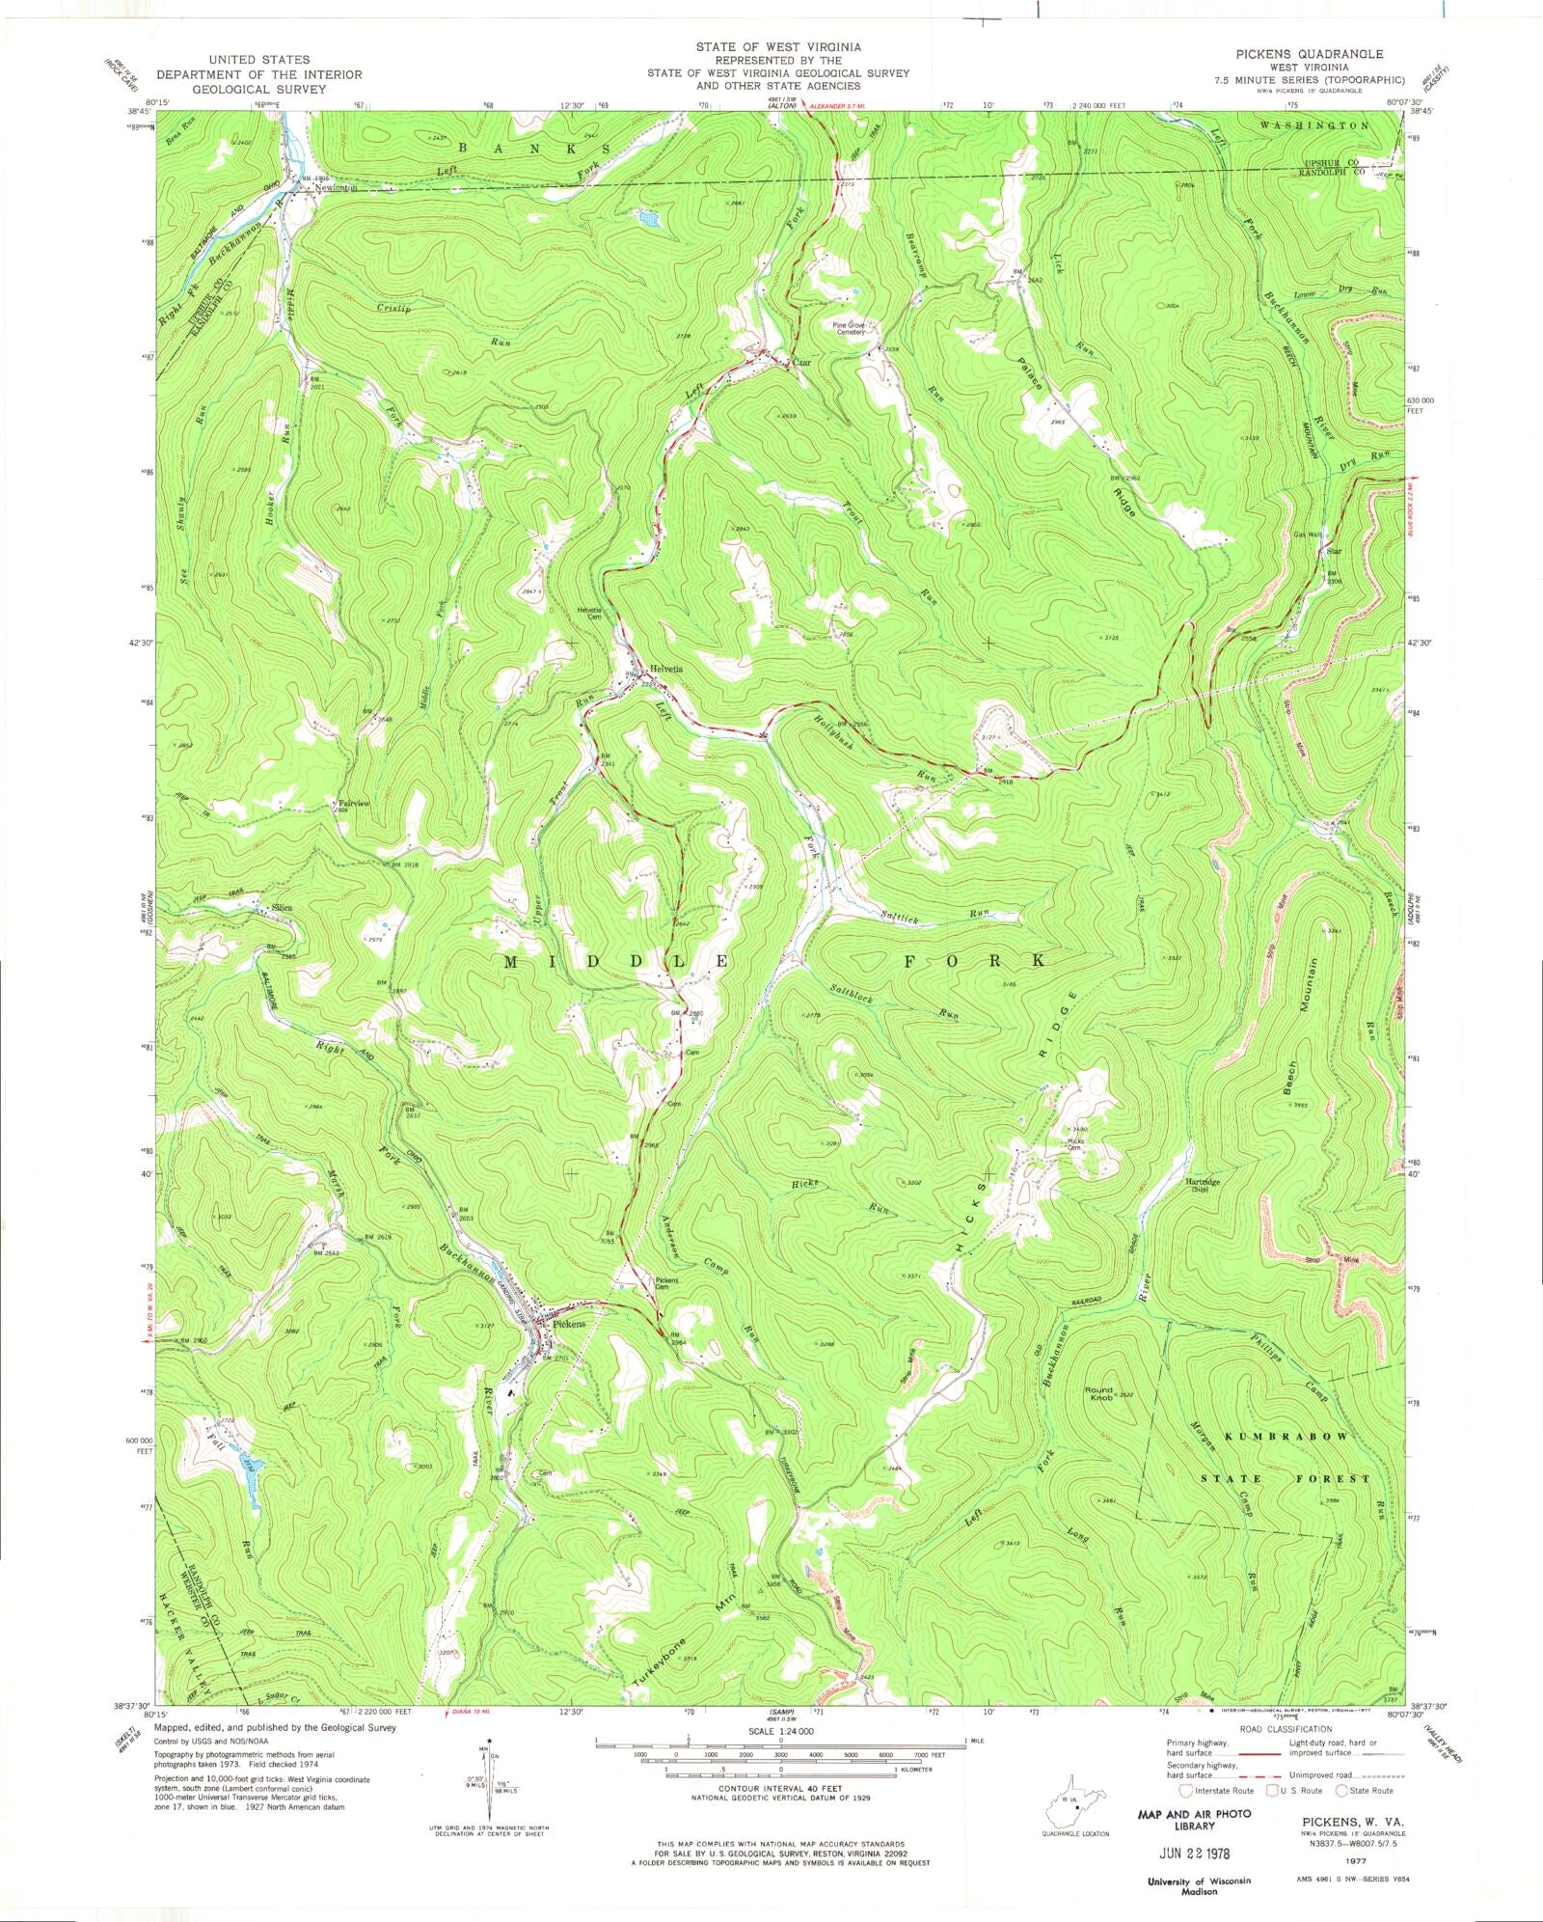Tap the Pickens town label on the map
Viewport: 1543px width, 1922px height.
(569, 1325)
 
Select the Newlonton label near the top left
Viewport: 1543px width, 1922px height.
(334, 189)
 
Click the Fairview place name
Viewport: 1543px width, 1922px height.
(351, 803)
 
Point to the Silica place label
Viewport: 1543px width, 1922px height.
(282, 908)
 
